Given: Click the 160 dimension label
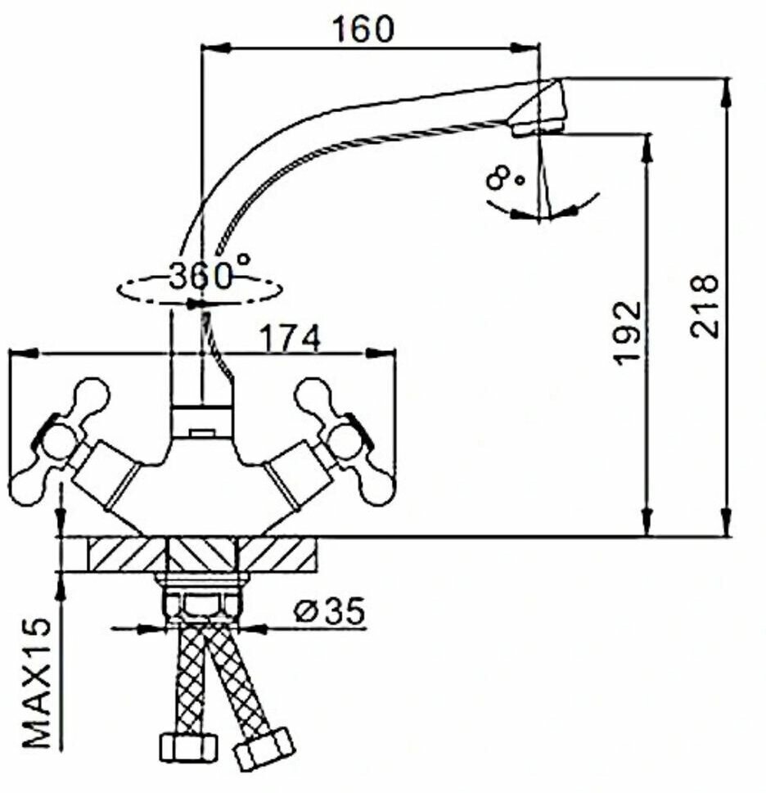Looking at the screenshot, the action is pos(363,29).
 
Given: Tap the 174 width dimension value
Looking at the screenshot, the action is pos(290,337).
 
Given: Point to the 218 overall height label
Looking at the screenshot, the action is pos(703,306).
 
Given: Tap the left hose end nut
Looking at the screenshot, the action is pos(186,746).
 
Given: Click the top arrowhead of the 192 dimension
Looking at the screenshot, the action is pos(647,144).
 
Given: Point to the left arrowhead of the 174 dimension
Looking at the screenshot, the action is pos(20,354).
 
